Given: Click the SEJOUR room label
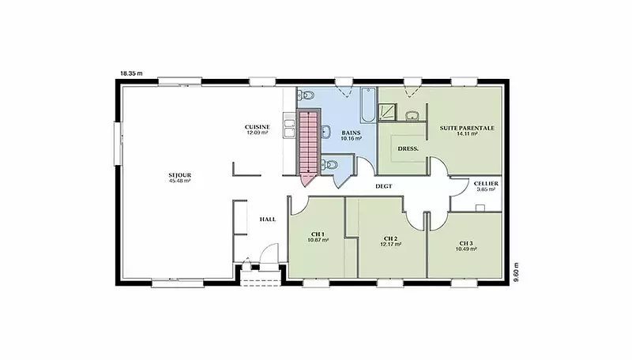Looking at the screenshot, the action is [180, 175].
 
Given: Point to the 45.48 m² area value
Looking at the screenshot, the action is [180, 181].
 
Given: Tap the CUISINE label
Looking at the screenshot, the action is [258, 127].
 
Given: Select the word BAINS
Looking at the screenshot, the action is [351, 133].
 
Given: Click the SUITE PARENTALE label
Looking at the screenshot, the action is [467, 128].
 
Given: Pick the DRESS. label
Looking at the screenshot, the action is [408, 148].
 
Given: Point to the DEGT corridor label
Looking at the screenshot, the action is [384, 186].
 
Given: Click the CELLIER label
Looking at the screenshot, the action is [486, 184].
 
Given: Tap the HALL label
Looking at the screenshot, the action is [268, 219].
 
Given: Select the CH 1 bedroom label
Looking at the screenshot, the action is [318, 234].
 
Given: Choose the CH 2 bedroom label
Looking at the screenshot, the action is [390, 238].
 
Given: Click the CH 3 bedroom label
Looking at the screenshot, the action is [466, 243].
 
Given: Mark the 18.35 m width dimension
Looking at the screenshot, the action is [131, 73].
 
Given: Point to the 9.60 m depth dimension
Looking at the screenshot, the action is [517, 272].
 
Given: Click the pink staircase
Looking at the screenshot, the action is [308, 148].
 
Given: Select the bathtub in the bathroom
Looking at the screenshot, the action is [368, 105].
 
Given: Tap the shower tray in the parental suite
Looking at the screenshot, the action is [387, 112].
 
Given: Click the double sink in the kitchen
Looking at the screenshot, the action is [289, 126].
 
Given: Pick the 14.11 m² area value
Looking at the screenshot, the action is [467, 133].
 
